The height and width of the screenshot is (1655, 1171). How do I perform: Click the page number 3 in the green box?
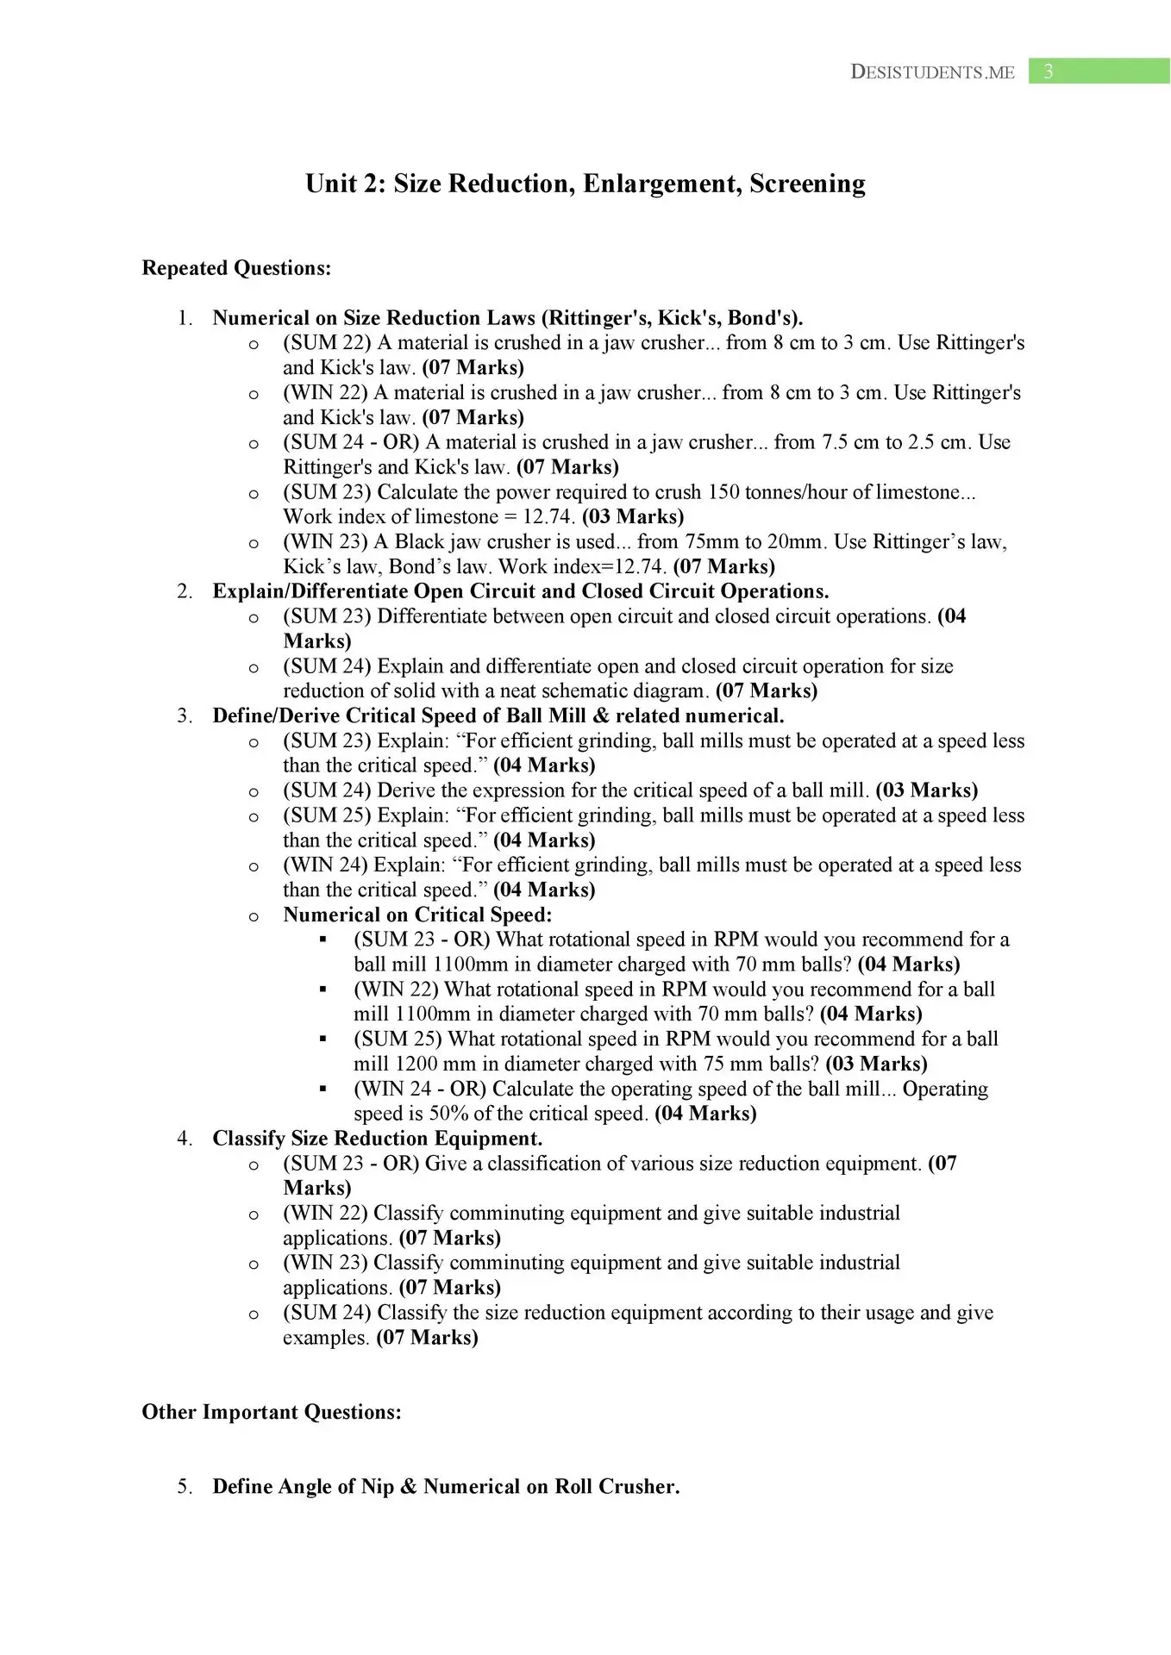coord(1048,72)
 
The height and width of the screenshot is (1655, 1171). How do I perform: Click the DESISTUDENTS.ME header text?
coord(932,72)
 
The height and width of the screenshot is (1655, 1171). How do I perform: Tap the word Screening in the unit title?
coord(807,184)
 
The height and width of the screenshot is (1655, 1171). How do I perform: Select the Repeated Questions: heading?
coord(236,268)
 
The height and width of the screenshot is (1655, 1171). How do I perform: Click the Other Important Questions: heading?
coord(272,1412)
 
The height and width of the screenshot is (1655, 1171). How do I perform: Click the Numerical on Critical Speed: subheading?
coord(417,915)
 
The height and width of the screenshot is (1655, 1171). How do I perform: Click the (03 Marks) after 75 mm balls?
coord(876,1064)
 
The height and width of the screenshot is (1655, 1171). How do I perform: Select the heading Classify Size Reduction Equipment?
coord(378,1139)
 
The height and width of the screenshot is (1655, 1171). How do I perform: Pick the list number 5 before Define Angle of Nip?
coord(184,1487)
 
